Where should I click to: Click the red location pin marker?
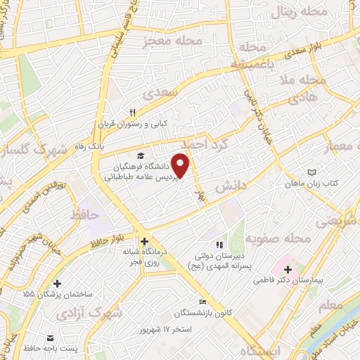[x=181, y=165]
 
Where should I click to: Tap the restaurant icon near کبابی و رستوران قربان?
[x=131, y=112]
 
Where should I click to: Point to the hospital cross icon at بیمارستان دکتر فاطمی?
[x=288, y=268]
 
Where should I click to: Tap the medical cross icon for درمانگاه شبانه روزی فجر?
[x=144, y=240]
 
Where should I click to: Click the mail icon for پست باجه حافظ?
[x=50, y=338]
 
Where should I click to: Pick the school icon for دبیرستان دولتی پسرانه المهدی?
[x=219, y=245]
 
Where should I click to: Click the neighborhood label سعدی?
[x=157, y=92]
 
